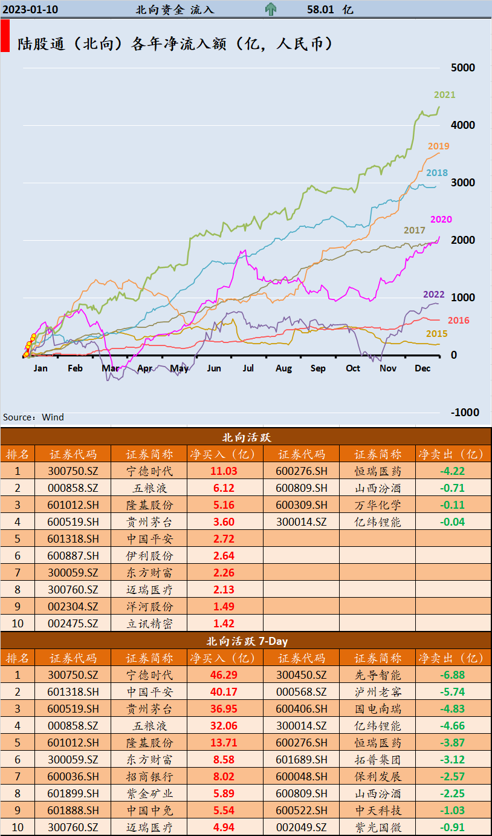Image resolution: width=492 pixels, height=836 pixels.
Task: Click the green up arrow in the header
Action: [x=271, y=10]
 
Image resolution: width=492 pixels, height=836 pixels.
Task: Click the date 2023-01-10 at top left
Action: [x=30, y=10]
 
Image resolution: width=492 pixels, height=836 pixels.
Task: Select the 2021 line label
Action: [x=444, y=95]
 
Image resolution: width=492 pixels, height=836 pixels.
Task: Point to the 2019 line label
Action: [x=438, y=146]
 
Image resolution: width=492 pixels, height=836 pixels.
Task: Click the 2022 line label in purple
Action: [x=433, y=295]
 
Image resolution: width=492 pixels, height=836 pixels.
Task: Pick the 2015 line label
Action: [x=436, y=334]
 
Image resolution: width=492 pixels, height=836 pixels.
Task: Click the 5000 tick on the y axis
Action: [x=464, y=68]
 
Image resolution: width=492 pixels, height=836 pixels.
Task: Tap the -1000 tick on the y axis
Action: [x=465, y=413]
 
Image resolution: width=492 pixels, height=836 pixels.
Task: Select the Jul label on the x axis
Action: [x=248, y=368]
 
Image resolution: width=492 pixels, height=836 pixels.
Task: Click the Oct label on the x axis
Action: [x=353, y=368]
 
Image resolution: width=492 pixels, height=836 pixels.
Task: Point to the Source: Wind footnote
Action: [x=33, y=417]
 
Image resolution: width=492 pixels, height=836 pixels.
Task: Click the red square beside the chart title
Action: [x=5, y=36]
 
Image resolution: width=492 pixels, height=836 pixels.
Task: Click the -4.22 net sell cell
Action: [x=452, y=471]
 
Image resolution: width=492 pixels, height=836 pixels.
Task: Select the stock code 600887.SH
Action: [x=73, y=556]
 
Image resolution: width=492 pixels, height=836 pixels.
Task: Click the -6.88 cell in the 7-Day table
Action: [x=452, y=675]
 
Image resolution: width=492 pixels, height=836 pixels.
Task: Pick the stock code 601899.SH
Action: [x=73, y=794]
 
